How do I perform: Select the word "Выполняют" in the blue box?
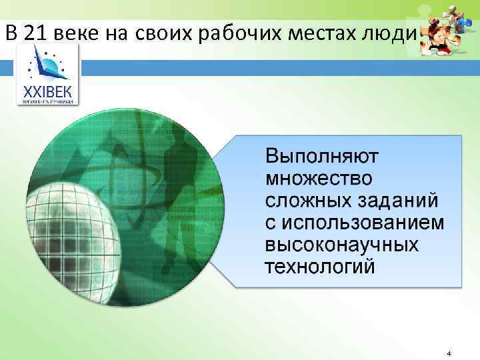tap(322, 158)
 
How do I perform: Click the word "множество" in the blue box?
tap(319, 179)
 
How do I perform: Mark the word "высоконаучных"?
tap(342, 245)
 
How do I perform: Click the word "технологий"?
tap(320, 267)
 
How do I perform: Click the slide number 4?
tap(449, 353)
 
